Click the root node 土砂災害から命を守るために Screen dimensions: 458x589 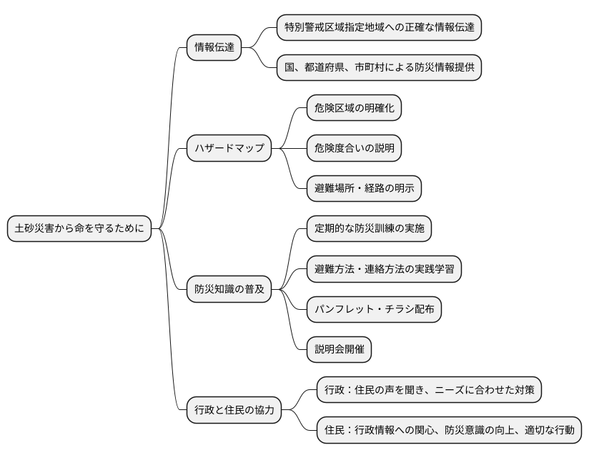pos(79,229)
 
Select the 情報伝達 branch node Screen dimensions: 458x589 pos(214,48)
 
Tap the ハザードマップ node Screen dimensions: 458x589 pos(229,148)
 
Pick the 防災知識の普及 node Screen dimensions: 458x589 pos(229,289)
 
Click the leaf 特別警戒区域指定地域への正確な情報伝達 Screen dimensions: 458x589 pos(378,28)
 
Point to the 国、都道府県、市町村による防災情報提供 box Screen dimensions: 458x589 pos(378,68)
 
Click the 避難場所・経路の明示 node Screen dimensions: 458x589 pos(364,188)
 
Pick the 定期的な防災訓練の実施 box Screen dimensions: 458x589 pos(369,229)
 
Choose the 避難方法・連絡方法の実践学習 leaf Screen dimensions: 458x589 pos(383,269)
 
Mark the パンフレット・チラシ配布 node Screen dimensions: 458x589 pos(373,309)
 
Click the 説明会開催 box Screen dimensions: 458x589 pos(339,349)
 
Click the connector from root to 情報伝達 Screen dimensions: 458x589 pos(169,107)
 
